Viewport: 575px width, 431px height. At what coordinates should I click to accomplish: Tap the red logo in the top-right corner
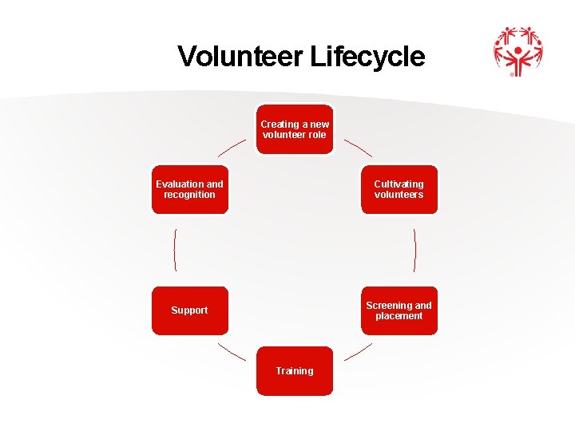click(x=517, y=51)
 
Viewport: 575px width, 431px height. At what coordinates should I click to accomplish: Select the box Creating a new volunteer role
click(x=295, y=129)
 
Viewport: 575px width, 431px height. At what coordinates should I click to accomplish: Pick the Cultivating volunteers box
click(x=399, y=190)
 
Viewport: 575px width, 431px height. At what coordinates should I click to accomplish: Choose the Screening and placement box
click(x=399, y=310)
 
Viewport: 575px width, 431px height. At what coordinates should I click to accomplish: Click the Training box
click(x=295, y=370)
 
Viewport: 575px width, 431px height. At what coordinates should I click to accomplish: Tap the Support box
click(x=190, y=310)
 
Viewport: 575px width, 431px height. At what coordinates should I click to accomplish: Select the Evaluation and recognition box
click(x=190, y=190)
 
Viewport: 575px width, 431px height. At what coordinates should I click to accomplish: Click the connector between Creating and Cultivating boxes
click(x=358, y=147)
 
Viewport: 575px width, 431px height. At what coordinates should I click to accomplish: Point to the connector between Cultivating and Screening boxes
click(x=415, y=250)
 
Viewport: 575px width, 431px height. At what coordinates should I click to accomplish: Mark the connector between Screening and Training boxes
click(x=358, y=352)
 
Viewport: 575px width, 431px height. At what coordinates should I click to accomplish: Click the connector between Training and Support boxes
click(x=232, y=352)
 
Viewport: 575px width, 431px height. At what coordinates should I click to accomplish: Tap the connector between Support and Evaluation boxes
click(x=174, y=250)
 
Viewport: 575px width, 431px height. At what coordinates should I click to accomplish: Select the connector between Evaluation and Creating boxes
click(x=232, y=147)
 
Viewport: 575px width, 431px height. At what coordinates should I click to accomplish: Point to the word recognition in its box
click(x=189, y=195)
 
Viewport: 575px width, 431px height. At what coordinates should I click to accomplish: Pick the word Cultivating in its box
click(x=399, y=184)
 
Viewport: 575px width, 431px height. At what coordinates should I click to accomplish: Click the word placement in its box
click(x=399, y=316)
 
